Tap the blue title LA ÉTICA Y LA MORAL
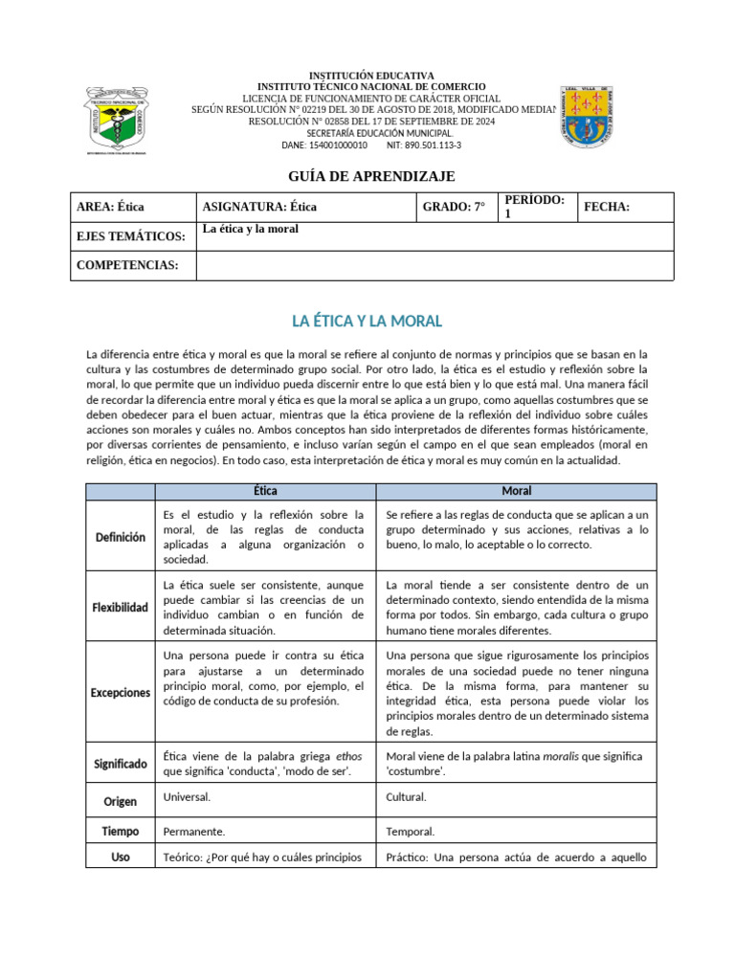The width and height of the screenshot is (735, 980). pyautogui.click(x=367, y=321)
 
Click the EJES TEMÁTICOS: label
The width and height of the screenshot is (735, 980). pyautogui.click(x=131, y=236)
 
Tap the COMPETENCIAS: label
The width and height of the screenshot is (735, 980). pyautogui.click(x=127, y=265)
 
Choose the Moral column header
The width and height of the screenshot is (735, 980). pyautogui.click(x=517, y=491)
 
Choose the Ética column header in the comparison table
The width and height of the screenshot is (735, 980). pyautogui.click(x=265, y=491)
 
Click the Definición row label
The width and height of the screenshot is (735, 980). pyautogui.click(x=121, y=537)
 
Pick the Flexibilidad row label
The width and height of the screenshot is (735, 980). pyautogui.click(x=121, y=608)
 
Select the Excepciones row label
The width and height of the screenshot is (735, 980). pyautogui.click(x=121, y=692)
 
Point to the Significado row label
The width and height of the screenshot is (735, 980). pyautogui.click(x=121, y=764)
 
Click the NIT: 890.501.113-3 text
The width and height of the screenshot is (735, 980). pyautogui.click(x=423, y=145)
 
